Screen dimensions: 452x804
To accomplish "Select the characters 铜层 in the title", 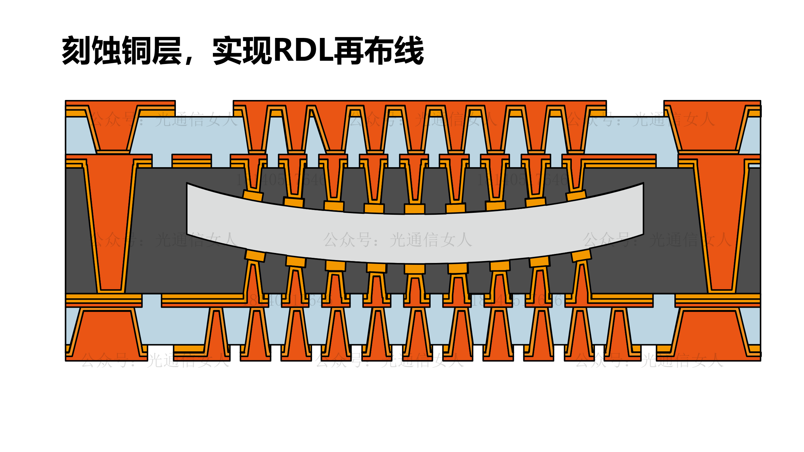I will [152, 50].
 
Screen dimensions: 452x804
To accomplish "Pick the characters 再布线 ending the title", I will [379, 50].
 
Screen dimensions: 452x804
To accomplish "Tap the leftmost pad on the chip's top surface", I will [253, 196].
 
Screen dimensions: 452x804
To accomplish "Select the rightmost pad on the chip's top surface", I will [576, 195].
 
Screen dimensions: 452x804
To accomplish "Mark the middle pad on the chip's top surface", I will [415, 209].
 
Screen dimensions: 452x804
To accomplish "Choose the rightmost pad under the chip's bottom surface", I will [581, 255].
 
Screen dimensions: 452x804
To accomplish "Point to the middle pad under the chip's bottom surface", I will [415, 268].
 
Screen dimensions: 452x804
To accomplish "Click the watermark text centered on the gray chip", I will [397, 240].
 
